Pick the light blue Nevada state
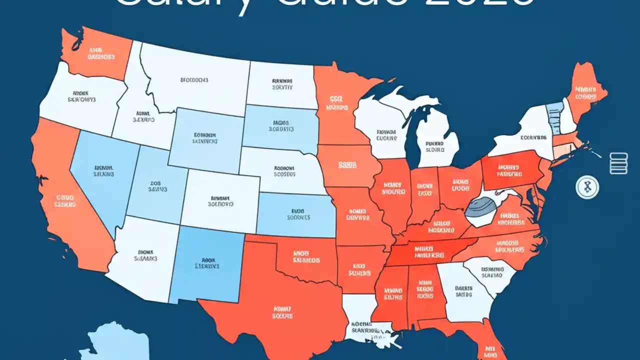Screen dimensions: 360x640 click(102, 172)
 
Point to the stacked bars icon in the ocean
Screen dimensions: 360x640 click(618, 163)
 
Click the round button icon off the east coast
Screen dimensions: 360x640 click(587, 187)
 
